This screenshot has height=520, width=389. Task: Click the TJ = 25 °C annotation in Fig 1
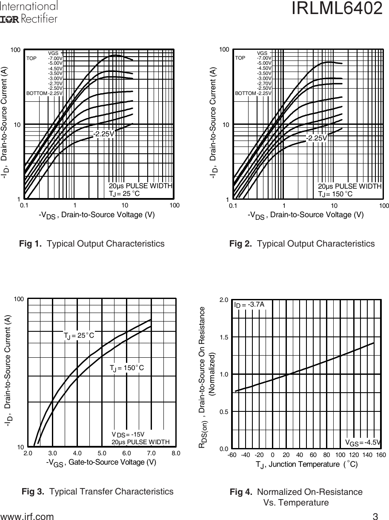[124, 194]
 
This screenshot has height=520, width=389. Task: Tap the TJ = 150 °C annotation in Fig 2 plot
[335, 194]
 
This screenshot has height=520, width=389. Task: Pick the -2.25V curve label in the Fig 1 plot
[104, 134]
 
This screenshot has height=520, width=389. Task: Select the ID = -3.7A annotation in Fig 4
[249, 305]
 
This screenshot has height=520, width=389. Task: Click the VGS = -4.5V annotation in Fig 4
[362, 442]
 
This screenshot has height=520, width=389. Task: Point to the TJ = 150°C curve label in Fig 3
[127, 368]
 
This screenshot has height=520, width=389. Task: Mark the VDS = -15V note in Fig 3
[128, 434]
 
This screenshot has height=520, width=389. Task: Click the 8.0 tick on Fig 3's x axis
[176, 453]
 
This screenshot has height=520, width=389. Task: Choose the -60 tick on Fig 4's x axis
[232, 455]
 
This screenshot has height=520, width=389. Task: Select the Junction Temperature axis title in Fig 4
[306, 465]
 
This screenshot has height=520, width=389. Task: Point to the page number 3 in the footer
[375, 517]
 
